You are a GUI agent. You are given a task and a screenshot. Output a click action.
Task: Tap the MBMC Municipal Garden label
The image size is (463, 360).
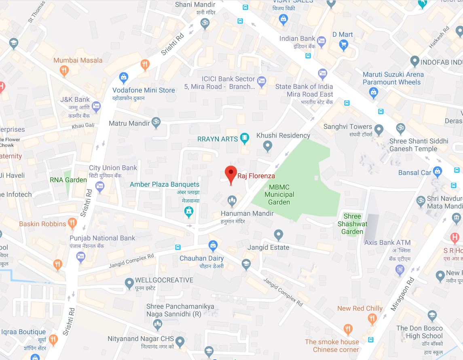tap(279, 194)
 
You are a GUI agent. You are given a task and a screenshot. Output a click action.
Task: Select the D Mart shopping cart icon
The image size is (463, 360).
tap(344, 46)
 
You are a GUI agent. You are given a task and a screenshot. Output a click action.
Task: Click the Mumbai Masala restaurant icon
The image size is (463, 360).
tap(63, 71)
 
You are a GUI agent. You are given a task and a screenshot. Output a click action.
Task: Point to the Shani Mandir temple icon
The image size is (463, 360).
tap(204, 23)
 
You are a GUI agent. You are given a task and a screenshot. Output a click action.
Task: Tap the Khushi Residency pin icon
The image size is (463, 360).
tap(267, 146)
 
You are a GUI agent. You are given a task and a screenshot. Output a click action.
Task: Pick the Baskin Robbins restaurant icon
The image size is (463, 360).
tap(72, 222)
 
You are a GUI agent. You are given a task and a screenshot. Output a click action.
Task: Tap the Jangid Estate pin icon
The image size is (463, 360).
tap(278, 234)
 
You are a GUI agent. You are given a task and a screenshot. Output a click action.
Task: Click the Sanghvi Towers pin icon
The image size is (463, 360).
tap(379, 130)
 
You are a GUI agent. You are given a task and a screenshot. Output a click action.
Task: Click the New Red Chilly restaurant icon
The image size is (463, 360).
tap(372, 320)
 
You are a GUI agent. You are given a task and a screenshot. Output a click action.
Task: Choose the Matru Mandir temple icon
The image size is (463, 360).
tap(156, 123)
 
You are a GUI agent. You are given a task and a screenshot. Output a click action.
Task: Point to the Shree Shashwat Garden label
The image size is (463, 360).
tap(352, 224)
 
